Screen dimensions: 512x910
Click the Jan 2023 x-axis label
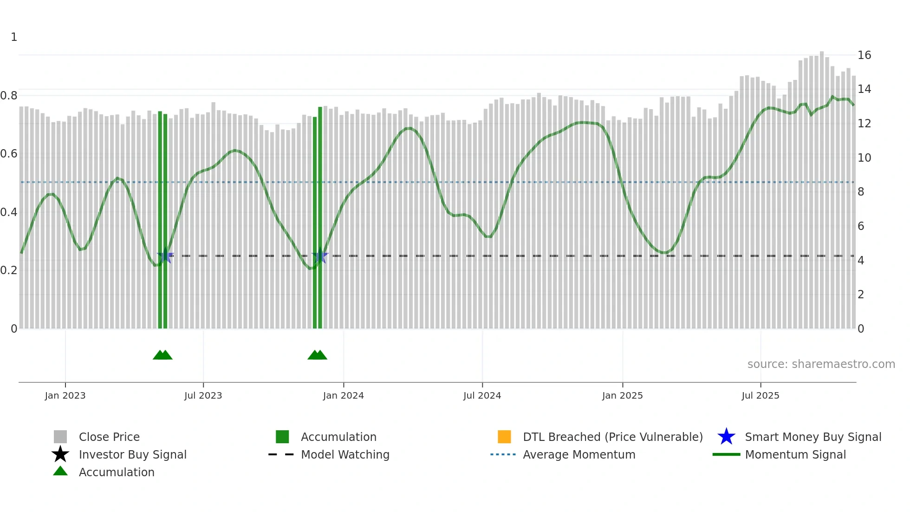65,396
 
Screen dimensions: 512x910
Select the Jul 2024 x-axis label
482,396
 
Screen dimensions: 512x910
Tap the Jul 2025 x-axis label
760,396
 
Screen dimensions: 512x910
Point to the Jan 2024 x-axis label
343,396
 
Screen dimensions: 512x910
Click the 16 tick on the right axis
864,55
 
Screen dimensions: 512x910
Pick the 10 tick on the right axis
864,158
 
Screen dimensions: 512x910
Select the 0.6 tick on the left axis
9,154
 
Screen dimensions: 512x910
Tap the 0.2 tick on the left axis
9,270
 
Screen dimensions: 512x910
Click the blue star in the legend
726,437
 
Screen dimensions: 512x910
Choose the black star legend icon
60,454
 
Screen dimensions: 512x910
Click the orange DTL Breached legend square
504,437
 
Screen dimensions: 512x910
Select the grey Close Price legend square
60,437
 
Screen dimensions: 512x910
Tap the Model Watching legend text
345,454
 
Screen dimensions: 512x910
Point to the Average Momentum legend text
579,454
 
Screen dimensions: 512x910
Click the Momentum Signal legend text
795,454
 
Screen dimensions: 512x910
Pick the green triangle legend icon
60,471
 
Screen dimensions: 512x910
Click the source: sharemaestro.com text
821,364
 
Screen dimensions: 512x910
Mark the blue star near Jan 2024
320,256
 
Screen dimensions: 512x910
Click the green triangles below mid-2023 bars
162,355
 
